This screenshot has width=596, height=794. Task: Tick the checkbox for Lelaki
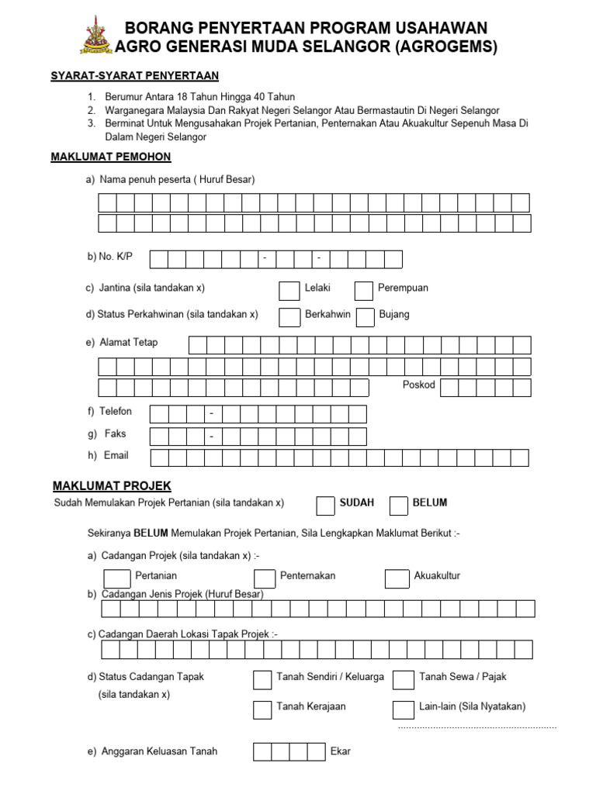[x=289, y=290]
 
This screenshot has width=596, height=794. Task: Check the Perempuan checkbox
[x=364, y=290]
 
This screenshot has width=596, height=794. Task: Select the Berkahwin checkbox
[x=289, y=317]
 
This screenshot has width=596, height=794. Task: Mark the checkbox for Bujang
[x=364, y=317]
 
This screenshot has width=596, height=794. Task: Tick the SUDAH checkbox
[x=326, y=506]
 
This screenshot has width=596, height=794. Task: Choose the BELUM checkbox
[x=399, y=506]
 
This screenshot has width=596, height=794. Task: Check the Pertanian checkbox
[x=117, y=578]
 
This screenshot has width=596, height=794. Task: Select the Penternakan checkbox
[x=265, y=578]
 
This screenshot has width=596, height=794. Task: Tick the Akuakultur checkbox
[x=397, y=578]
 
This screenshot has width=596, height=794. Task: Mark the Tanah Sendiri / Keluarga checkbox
[x=262, y=679]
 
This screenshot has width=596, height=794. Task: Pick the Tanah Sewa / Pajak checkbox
[x=403, y=680]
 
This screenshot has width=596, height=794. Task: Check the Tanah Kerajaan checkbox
[x=262, y=709]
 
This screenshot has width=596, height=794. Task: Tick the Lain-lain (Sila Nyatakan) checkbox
[x=403, y=709]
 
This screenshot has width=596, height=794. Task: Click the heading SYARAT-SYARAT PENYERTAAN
[x=134, y=75]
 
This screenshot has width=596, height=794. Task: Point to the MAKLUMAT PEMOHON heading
[x=111, y=157]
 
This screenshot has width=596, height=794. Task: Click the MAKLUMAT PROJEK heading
[x=112, y=486]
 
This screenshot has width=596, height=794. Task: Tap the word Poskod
[x=419, y=385]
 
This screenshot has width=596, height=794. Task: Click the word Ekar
[x=341, y=751]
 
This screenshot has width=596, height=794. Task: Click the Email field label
[x=116, y=455]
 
